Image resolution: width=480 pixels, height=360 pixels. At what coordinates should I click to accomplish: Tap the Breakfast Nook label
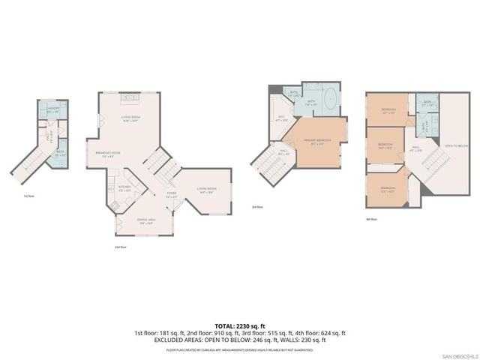[109, 155]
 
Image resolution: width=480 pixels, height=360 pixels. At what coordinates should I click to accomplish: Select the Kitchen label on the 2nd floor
[124, 189]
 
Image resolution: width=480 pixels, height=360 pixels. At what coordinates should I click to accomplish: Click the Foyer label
[171, 195]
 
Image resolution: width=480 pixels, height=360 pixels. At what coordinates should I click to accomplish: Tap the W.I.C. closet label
[282, 118]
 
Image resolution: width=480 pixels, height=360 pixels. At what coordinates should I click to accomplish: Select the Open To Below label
[456, 145]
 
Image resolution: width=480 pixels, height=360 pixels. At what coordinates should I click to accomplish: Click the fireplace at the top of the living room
[130, 99]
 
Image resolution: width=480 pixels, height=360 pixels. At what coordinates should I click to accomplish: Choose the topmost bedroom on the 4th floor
[388, 112]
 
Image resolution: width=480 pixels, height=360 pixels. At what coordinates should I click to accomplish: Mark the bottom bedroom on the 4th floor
[387, 188]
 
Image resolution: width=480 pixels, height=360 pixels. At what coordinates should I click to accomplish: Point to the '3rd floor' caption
[256, 206]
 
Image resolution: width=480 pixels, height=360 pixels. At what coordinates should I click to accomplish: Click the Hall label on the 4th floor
[416, 148]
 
